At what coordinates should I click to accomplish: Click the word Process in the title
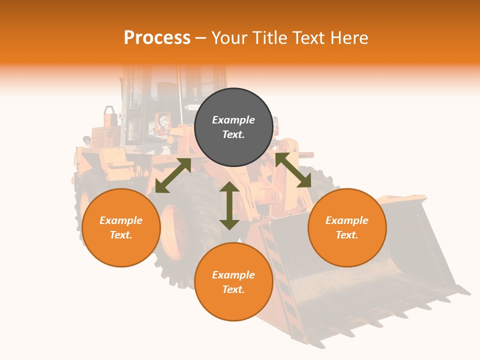click(x=157, y=38)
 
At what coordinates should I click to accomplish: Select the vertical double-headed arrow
click(x=229, y=205)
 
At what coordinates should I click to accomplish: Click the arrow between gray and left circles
click(x=173, y=175)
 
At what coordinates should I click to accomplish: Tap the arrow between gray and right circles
click(x=293, y=170)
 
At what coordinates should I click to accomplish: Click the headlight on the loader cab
click(x=163, y=120)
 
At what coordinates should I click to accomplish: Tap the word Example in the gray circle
click(x=233, y=120)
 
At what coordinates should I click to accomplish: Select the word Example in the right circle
click(x=347, y=220)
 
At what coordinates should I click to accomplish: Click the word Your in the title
click(x=230, y=38)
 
